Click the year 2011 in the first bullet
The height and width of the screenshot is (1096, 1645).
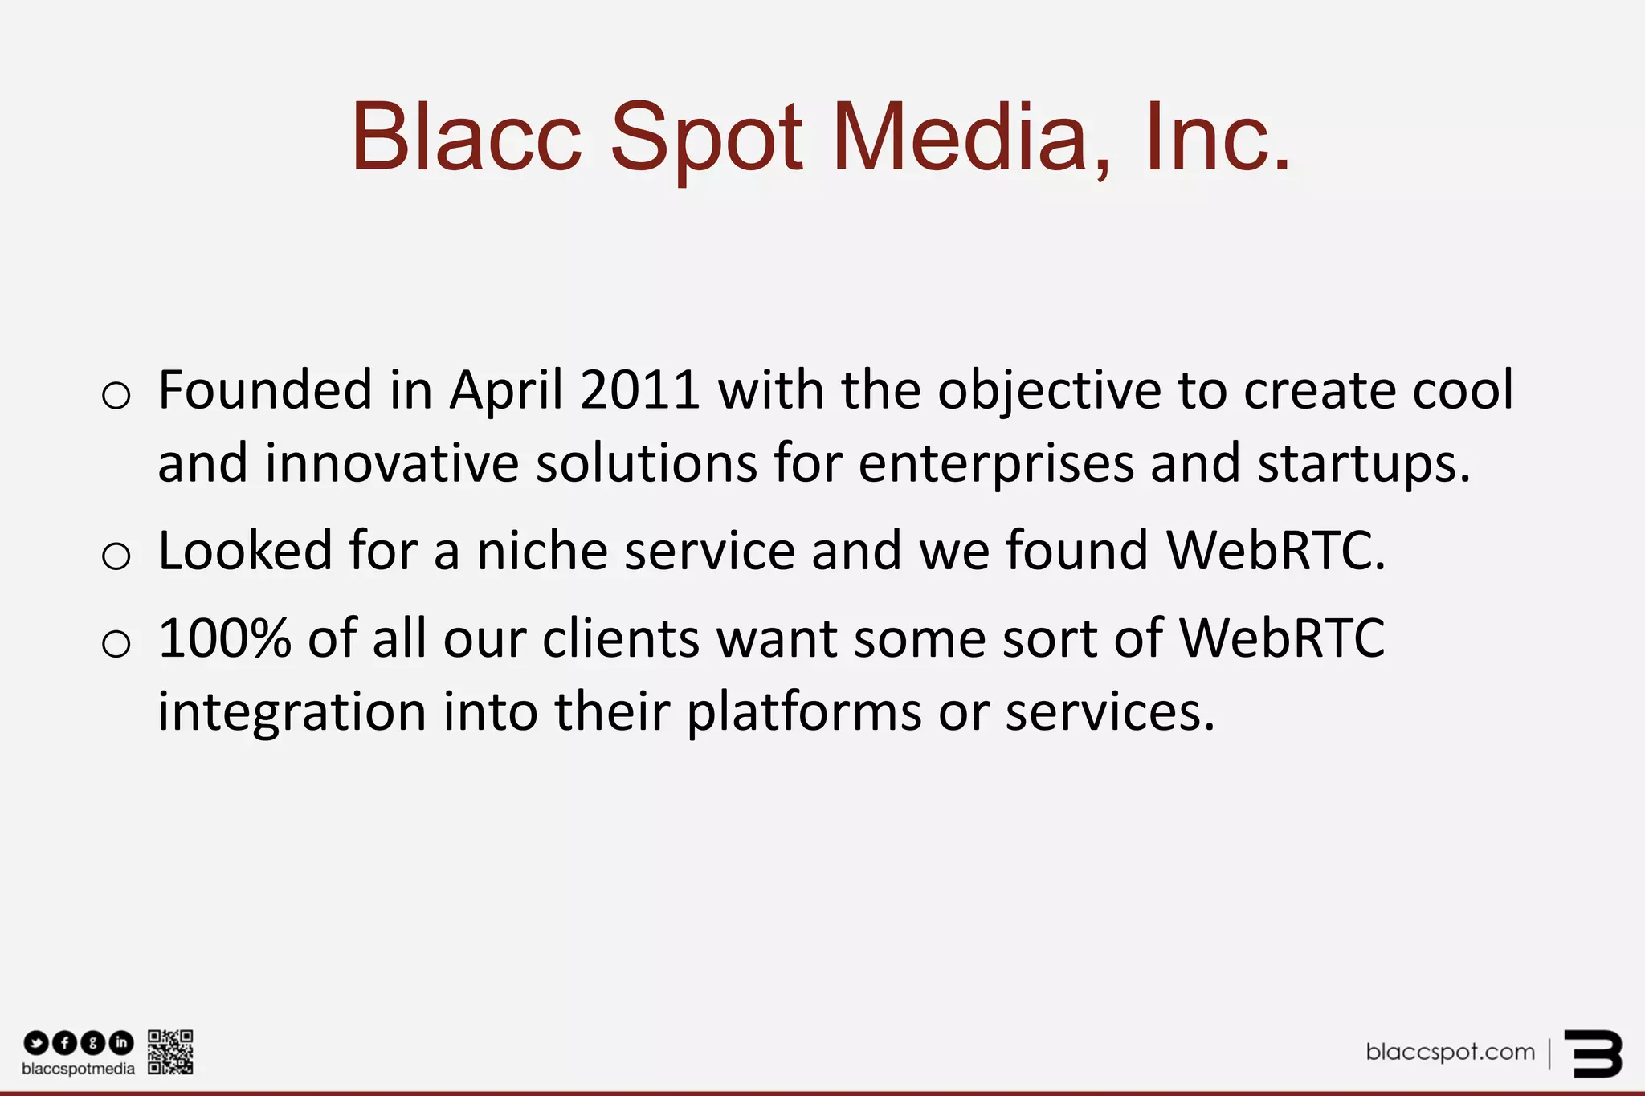pyautogui.click(x=639, y=391)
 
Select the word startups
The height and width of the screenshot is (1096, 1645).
pyautogui.click(x=1364, y=464)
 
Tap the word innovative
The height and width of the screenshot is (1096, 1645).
pyautogui.click(x=392, y=464)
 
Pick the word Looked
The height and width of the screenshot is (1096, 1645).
pyautogui.click(x=245, y=552)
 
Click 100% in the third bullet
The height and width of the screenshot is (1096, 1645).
pyautogui.click(x=224, y=639)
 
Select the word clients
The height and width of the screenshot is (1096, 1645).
pyautogui.click(x=620, y=639)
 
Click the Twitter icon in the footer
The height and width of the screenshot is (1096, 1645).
pyautogui.click(x=36, y=1043)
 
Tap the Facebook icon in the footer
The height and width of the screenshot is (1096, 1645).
pyautogui.click(x=64, y=1043)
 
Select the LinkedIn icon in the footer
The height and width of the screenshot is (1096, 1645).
pyautogui.click(x=121, y=1043)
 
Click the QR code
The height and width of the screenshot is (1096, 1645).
pyautogui.click(x=170, y=1052)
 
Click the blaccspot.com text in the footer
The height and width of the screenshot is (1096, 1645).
pyautogui.click(x=1450, y=1052)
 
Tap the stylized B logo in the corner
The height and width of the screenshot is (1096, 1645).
pyautogui.click(x=1594, y=1053)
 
